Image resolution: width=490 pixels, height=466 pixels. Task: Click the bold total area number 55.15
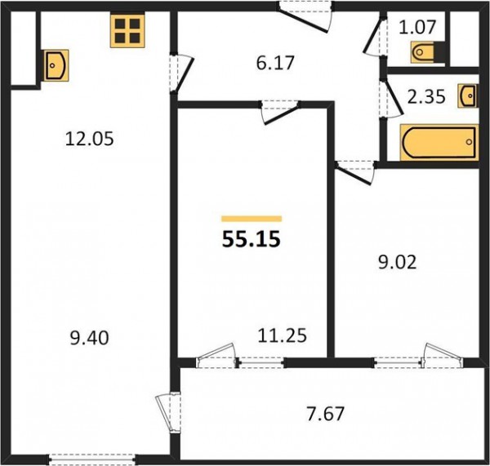pyautogui.click(x=252, y=240)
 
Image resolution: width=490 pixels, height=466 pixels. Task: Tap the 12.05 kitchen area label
pyautogui.click(x=89, y=139)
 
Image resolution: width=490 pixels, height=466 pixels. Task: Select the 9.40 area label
pyautogui.click(x=89, y=338)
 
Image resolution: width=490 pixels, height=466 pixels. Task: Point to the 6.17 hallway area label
pyautogui.click(x=275, y=63)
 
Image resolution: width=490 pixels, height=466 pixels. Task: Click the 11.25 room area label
pyautogui.click(x=283, y=335)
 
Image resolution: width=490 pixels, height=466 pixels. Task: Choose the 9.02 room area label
pyautogui.click(x=398, y=263)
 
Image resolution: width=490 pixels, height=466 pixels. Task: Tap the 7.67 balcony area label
pyautogui.click(x=326, y=414)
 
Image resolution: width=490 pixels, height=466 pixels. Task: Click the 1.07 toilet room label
pyautogui.click(x=416, y=27)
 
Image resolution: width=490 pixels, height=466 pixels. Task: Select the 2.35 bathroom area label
pyautogui.click(x=426, y=96)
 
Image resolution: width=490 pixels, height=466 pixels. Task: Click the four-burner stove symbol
pyautogui.click(x=127, y=31)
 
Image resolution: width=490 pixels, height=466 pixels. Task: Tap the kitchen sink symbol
pyautogui.click(x=56, y=65)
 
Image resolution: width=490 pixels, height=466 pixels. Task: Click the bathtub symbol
pyautogui.click(x=439, y=143)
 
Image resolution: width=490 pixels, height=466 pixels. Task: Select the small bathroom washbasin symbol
pyautogui.click(x=468, y=95)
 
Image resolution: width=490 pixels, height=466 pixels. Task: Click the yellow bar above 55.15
pyautogui.click(x=252, y=219)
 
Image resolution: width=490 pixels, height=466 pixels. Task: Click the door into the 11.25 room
pyautogui.click(x=279, y=112)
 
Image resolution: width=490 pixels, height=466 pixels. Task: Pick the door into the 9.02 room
pyautogui.click(x=354, y=173)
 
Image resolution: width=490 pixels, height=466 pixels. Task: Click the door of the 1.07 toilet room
pyautogui.click(x=374, y=37)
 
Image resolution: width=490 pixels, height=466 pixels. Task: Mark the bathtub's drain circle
pyautogui.click(x=469, y=142)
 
